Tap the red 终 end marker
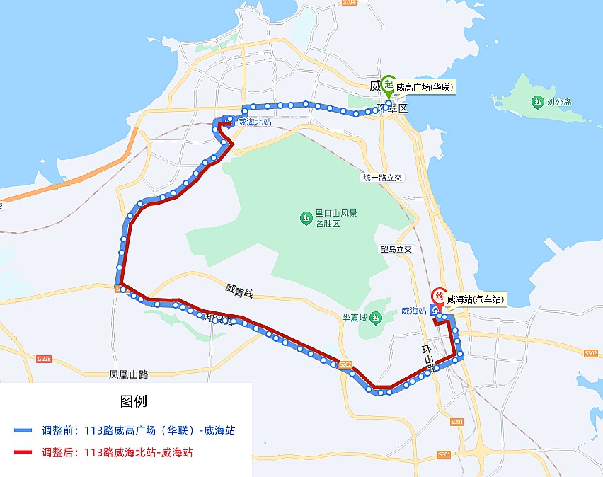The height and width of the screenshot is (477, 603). tap(439, 297)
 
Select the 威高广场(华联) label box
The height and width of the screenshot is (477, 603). tap(424, 88)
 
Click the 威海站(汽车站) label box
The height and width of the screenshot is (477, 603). tap(476, 299)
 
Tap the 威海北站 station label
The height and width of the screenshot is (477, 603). tap(254, 122)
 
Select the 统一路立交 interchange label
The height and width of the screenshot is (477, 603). tap(382, 178)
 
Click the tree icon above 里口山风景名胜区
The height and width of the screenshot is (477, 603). tap(306, 217)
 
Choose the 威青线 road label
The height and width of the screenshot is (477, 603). tap(239, 289)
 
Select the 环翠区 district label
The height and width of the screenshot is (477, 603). tap(394, 109)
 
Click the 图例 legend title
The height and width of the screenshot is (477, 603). tap(134, 401)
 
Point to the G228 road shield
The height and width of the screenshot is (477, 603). tap(43, 359)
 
